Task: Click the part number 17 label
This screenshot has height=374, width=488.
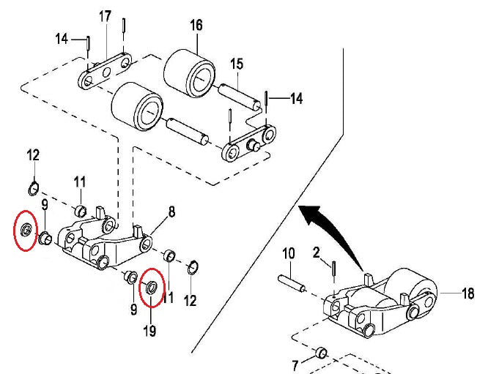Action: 106,15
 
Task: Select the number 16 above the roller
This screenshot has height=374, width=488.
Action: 196,26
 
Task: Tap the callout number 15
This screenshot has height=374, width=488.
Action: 236,64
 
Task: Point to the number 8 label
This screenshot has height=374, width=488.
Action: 171,212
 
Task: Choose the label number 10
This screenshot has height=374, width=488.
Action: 288,253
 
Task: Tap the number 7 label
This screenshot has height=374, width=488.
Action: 295,364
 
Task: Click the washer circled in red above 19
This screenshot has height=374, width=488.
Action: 152,285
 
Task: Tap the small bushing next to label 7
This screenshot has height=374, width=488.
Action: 319,354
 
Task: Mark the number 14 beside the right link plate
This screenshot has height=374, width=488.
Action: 295,97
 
